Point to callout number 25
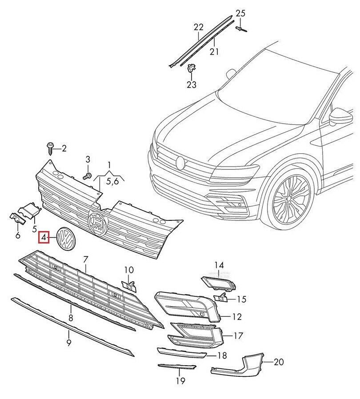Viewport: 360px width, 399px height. click(x=240, y=13)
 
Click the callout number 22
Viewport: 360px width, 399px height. click(x=198, y=27)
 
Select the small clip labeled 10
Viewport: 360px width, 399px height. click(x=128, y=285)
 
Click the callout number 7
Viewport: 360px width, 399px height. click(x=86, y=258)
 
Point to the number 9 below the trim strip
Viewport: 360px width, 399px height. click(x=69, y=343)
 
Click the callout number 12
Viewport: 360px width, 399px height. click(x=236, y=317)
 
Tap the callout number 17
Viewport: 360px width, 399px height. click(x=238, y=336)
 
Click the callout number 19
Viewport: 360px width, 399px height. click(x=180, y=381)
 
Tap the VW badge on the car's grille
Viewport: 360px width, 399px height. click(x=180, y=163)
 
